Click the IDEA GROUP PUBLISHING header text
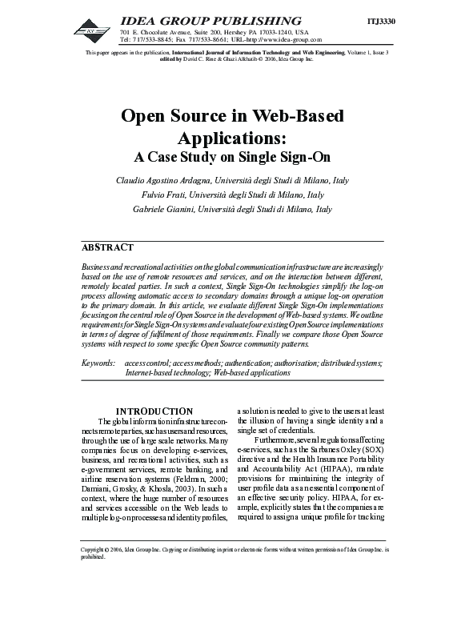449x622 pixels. pos(210,20)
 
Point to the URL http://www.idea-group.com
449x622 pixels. pos(282,38)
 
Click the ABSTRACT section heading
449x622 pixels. pos(108,247)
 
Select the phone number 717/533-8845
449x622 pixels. pos(156,38)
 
